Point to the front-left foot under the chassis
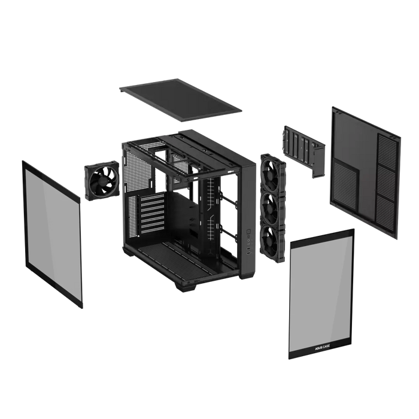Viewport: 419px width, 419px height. [180, 286]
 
